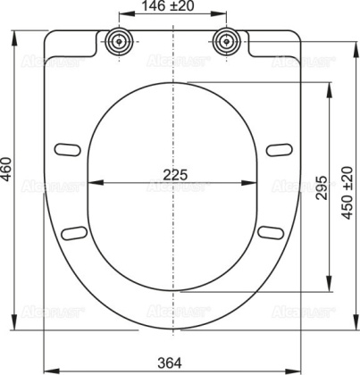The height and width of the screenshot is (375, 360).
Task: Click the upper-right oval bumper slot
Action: [x=280, y=146]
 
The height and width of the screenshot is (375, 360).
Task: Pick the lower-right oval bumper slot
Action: [x=269, y=232]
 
